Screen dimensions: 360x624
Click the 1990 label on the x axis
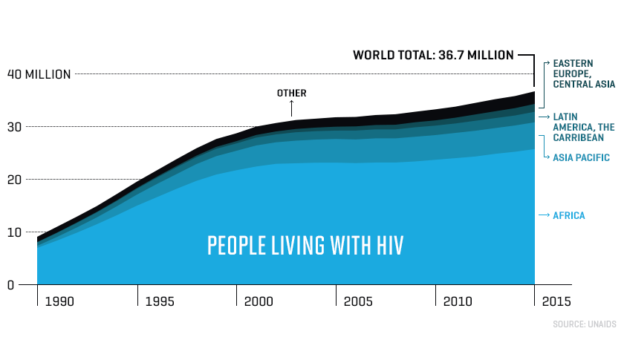pos(59,302)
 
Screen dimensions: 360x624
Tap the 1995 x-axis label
pos(160,302)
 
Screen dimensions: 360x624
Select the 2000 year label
pos(259,302)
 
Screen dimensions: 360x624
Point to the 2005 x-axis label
pos(358,302)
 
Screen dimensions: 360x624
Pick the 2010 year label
pos(458,302)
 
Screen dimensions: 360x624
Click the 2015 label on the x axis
pos(557,302)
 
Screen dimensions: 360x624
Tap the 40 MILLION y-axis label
pos(39,74)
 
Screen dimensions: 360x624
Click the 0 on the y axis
pos(10,285)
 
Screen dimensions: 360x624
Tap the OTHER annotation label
pos(291,94)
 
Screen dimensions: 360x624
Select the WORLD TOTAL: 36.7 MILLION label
pos(433,55)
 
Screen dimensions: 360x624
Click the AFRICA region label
pos(569,216)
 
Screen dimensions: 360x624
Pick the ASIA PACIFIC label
pos(581,157)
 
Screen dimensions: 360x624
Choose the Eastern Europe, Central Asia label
pos(582,74)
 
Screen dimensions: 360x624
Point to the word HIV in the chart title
pos(387,246)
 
